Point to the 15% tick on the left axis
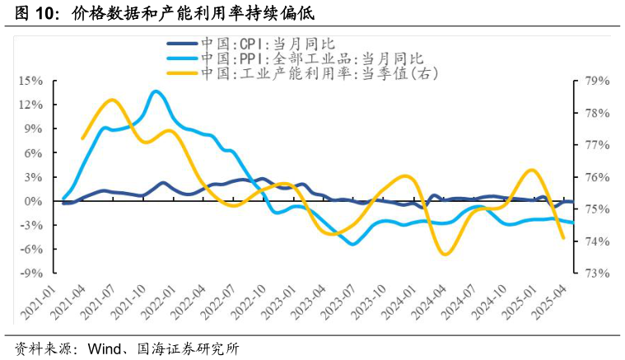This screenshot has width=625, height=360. (x=30, y=81)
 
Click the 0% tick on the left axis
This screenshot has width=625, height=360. (x=33, y=201)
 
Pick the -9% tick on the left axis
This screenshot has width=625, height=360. (x=31, y=274)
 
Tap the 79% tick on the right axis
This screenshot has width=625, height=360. (x=595, y=81)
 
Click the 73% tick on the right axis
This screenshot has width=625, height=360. (x=595, y=274)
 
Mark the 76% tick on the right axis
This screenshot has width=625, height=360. (x=595, y=177)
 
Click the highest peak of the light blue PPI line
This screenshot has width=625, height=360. (x=156, y=91)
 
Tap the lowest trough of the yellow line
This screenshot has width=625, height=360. (x=445, y=254)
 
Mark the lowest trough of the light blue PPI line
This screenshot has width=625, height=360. (x=353, y=244)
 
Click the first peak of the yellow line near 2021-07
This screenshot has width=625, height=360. (x=112, y=101)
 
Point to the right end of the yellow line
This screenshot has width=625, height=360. (x=563, y=238)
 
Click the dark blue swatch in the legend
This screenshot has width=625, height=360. (x=182, y=45)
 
